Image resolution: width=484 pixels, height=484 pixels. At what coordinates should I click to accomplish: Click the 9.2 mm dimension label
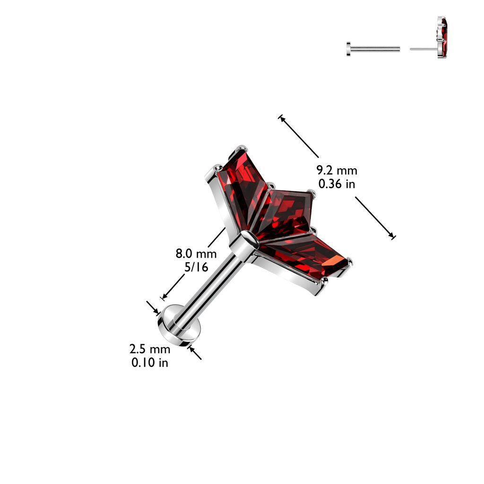337,170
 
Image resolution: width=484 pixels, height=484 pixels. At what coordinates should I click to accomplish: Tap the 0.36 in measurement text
337,184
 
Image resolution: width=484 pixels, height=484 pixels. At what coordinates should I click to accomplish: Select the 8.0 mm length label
196,254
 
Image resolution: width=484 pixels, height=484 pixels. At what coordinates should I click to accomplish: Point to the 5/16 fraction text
196,268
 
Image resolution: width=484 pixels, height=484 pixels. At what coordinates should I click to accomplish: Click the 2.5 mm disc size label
150,349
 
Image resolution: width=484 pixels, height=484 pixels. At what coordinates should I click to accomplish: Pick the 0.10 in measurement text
150,363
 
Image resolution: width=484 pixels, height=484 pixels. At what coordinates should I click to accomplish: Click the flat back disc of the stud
179,325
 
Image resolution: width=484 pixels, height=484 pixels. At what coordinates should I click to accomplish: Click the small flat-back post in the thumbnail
373,49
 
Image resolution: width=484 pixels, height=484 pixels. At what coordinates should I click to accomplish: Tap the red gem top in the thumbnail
442,37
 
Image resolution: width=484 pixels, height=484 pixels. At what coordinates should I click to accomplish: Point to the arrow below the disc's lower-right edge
195,353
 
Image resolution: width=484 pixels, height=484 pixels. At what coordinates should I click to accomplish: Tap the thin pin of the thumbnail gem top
423,49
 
